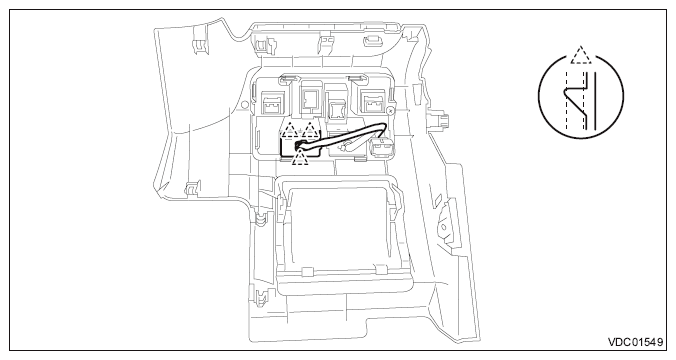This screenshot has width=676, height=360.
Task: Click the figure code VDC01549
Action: [634, 344]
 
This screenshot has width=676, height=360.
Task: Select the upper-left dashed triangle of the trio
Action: [290, 128]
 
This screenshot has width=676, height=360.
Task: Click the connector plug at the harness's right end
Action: [381, 148]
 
